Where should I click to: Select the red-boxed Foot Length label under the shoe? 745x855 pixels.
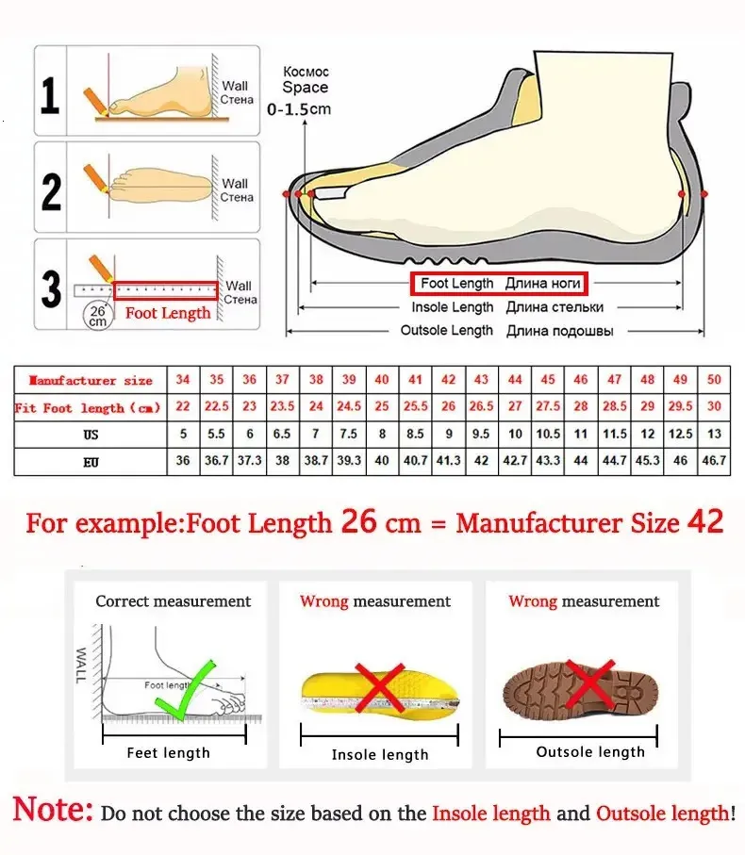498,284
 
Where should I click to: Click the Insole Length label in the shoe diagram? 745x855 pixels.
452,307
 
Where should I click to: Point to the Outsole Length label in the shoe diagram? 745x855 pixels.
446,331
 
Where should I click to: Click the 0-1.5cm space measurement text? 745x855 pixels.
300,109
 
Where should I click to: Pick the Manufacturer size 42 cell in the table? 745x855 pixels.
449,380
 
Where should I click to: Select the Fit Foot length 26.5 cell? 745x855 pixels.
482,407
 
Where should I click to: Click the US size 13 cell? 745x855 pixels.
714,435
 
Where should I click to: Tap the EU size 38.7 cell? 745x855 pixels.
316,462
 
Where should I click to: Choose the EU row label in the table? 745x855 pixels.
91,463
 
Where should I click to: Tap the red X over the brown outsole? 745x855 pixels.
587,688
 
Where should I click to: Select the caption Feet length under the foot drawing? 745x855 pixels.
169,752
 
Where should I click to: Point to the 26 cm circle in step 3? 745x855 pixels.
97,315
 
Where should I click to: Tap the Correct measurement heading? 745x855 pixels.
174,601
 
